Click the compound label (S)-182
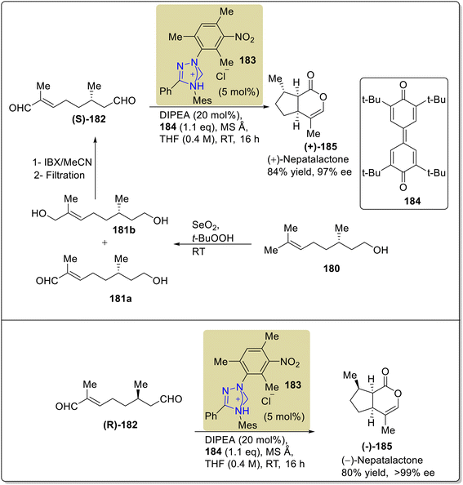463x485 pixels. coord(89,119)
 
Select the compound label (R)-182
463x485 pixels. coord(120,425)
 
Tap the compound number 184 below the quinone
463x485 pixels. coord(412,202)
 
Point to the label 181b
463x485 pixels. coord(124,229)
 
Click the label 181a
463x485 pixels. coord(120,299)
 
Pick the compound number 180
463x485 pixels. coord(332,269)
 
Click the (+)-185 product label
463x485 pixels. coord(320,147)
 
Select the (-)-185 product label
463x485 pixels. coord(376,447)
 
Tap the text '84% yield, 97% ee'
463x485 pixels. coord(309,172)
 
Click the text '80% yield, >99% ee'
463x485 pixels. coord(388,473)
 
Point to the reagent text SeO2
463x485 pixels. coord(205,225)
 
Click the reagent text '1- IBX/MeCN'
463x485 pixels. coord(63,162)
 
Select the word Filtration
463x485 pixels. coord(65,176)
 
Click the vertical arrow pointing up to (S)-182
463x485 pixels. coord(96,168)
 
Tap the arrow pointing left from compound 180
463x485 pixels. coord(213,244)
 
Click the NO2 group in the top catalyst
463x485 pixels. coord(245,38)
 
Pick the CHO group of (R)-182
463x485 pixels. coord(171,399)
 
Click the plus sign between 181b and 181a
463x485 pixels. coord(105,242)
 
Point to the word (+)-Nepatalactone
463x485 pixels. coord(308,159)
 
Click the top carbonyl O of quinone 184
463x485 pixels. coord(403,84)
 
